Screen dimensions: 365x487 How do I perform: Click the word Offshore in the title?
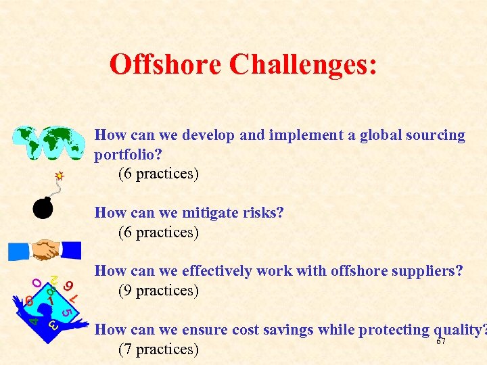[x=166, y=65]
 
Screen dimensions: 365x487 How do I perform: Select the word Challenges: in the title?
[x=303, y=65]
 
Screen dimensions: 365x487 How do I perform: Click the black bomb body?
[x=43, y=209]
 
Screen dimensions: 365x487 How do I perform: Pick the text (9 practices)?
[x=158, y=291]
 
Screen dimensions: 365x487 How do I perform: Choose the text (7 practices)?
[x=158, y=349]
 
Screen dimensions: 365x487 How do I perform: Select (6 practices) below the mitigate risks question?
[x=158, y=233]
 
